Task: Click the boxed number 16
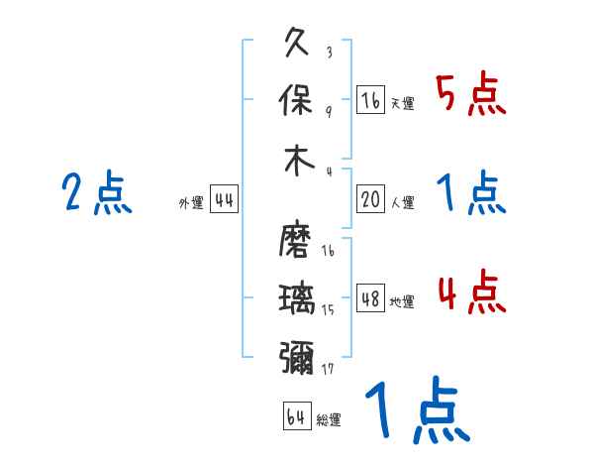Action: click(x=370, y=100)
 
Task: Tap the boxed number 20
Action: click(x=370, y=200)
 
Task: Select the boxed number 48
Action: click(x=370, y=298)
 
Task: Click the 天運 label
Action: click(x=402, y=103)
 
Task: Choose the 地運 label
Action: click(x=402, y=302)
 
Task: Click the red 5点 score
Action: click(x=471, y=95)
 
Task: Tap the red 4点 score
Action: click(x=471, y=293)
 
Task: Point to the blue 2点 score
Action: click(x=96, y=194)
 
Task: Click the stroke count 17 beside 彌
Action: click(x=329, y=368)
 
